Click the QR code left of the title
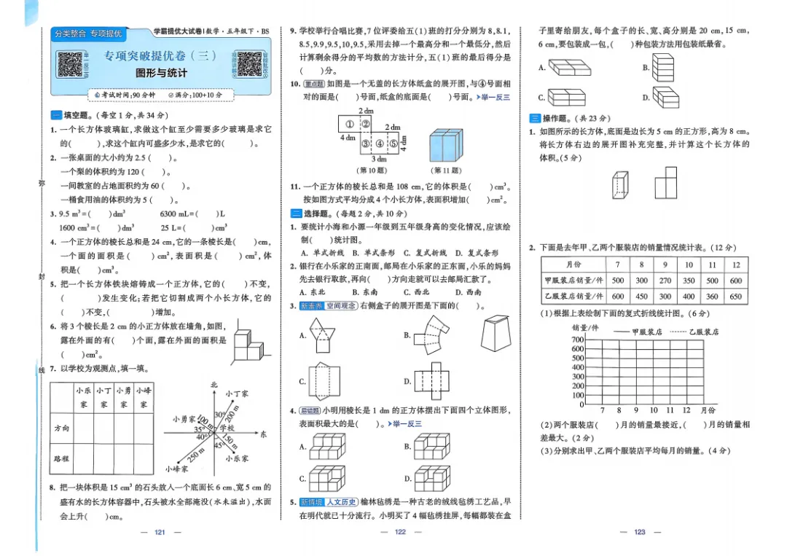[x=73, y=64]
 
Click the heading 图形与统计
[x=161, y=73]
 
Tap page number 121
[x=160, y=532]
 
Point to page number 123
[x=640, y=532]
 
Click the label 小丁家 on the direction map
[x=237, y=393]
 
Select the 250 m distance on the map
[x=195, y=455]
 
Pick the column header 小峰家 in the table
[x=144, y=397]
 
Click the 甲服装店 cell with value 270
[x=665, y=281]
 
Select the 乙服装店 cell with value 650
[x=736, y=297]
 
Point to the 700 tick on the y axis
[x=578, y=340]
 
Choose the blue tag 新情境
[x=309, y=502]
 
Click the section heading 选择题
[x=315, y=214]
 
